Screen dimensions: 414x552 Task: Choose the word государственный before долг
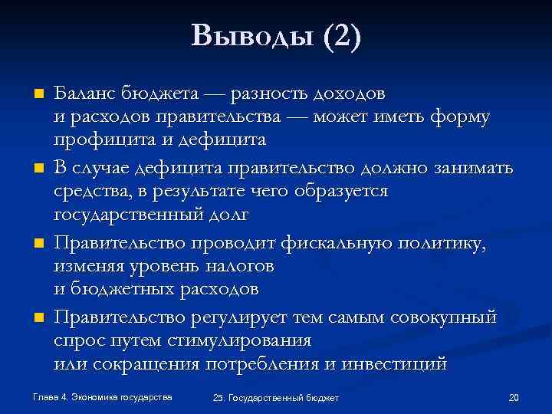pos(126,215)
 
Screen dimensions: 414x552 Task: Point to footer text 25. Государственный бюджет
pos(277,398)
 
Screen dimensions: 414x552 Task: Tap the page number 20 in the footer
pos(514,397)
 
